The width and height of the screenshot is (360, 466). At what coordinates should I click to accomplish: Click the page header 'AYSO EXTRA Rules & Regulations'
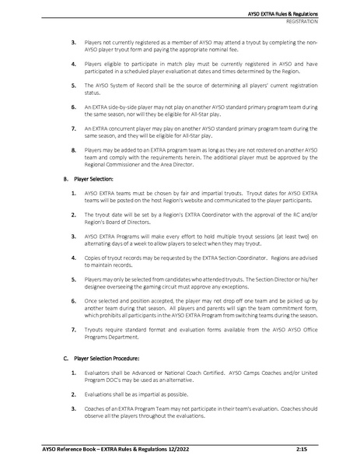(x=306, y=15)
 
